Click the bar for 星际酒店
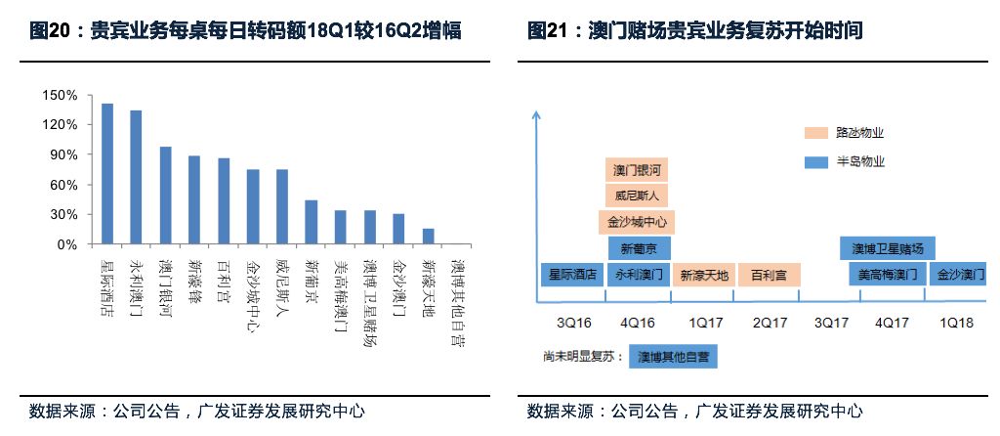pos(107,173)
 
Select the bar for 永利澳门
pos(136,177)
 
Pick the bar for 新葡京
pos(311,222)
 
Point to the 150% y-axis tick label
pos(60,95)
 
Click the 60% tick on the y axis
pos(63,185)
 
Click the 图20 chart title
pos(245,31)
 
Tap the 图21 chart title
pos(694,31)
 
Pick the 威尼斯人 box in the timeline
pos(638,196)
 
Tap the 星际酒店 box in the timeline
pos(571,275)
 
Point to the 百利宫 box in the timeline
pos(769,275)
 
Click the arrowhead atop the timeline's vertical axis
pos(535,114)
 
